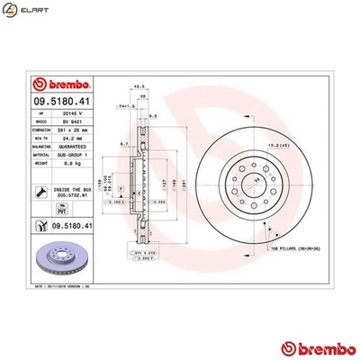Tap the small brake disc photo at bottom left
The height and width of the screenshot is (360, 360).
click(60, 260)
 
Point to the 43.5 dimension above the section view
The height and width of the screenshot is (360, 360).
click(139, 86)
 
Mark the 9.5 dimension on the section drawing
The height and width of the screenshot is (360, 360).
click(154, 117)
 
